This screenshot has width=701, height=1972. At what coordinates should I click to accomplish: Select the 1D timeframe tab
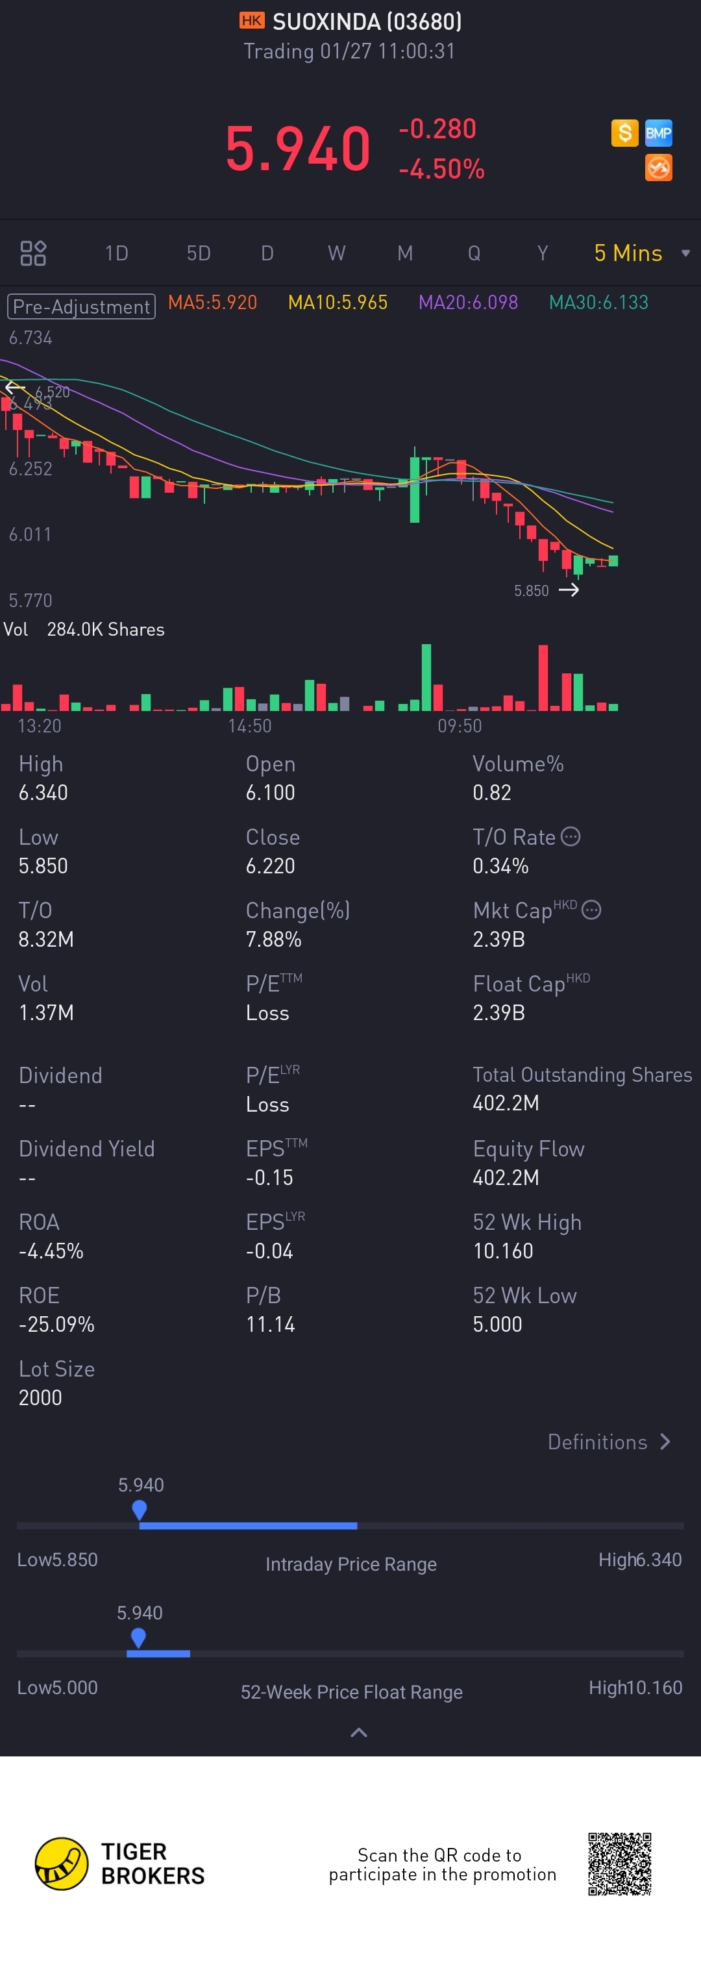(116, 253)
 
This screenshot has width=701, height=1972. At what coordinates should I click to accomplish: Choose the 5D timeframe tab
(198, 253)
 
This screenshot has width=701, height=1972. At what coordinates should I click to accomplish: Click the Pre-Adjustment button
(81, 306)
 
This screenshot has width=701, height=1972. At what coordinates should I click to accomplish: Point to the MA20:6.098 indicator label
(467, 303)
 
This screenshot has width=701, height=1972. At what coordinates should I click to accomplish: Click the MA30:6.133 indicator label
(598, 303)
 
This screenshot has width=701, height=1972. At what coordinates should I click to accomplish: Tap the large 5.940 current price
(298, 149)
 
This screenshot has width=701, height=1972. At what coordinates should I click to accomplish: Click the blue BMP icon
(658, 133)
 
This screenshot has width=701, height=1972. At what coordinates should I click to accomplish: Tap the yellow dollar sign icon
(624, 133)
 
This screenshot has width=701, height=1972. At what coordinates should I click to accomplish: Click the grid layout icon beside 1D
(33, 253)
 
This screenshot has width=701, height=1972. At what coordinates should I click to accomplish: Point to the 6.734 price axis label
(31, 338)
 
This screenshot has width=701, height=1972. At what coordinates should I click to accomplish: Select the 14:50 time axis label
(249, 726)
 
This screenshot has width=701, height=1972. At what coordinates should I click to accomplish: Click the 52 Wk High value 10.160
(503, 1251)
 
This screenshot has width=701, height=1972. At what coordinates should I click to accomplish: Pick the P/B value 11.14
(270, 1325)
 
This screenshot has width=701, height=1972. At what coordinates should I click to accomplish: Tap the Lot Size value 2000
(40, 1398)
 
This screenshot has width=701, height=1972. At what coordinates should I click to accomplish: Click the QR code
(619, 1864)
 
